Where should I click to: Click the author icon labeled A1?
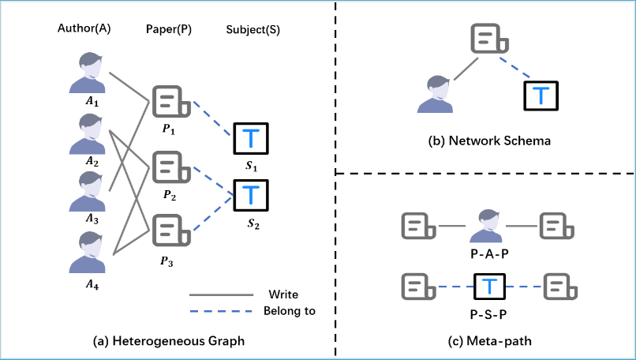pos(88,73)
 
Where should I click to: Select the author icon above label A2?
pos(88,134)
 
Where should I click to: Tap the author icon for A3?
pos(88,191)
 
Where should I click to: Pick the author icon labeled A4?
pos(88,252)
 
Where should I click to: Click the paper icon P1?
pos(171,102)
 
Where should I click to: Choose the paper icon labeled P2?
pos(171,167)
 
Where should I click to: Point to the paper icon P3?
pos(171,231)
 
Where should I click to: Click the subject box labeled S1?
pos(251,138)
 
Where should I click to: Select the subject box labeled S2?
pos(251,195)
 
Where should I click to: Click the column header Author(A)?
pos(84,28)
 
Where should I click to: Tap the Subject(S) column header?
pos(253,29)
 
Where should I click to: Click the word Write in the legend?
pos(283,294)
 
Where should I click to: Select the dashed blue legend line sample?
pos(221,311)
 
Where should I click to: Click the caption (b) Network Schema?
pos(489,141)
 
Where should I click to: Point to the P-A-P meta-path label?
pos(489,253)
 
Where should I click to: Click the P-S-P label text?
pos(488,314)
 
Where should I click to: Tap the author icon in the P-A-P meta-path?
pos(486,226)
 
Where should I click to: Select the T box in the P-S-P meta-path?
pos(489,287)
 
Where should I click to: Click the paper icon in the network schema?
pos(489,38)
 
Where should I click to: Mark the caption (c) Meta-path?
pos(489,341)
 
